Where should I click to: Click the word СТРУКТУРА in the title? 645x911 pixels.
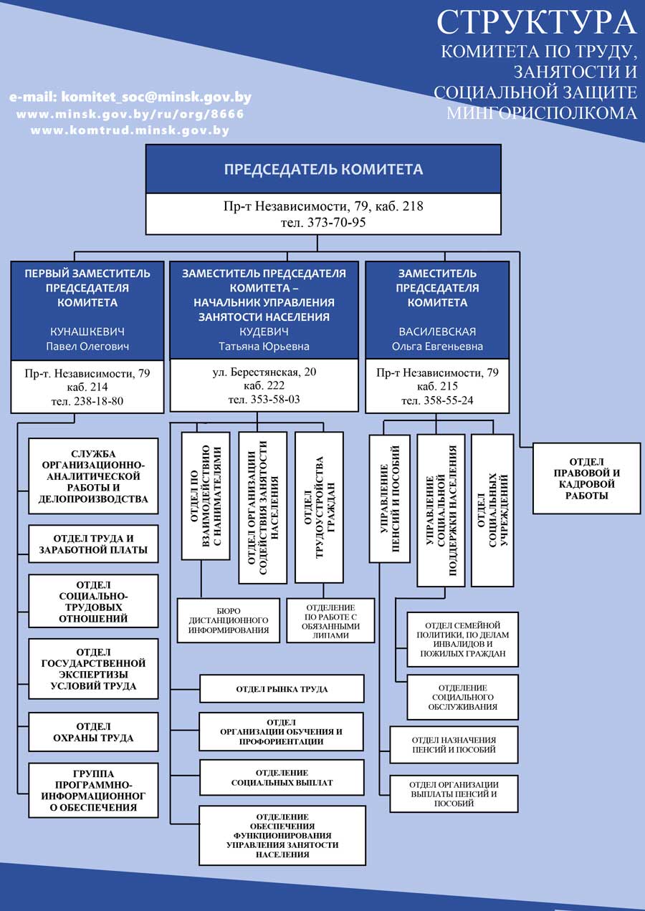point(536,23)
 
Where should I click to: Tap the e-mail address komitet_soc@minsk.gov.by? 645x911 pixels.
point(156,97)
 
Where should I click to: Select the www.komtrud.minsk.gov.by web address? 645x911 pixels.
point(130,130)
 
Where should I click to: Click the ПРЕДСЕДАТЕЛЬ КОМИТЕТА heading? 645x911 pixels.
point(323,169)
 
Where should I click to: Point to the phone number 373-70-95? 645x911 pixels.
point(337,223)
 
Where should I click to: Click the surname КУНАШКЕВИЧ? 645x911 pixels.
point(87,332)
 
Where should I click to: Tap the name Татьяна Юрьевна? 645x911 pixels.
point(264,346)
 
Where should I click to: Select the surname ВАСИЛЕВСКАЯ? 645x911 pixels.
point(437,332)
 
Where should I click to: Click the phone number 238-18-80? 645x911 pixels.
point(98,401)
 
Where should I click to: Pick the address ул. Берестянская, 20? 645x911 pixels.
point(264,372)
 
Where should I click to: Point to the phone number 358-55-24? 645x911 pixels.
point(449,400)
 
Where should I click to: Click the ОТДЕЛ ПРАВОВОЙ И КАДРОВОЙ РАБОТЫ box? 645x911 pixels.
point(586,478)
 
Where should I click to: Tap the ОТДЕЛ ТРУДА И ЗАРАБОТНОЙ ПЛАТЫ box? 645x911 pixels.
point(93,544)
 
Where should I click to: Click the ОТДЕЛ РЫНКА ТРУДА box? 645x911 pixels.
point(282,689)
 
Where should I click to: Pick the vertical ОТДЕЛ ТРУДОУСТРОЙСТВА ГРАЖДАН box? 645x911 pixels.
point(319,507)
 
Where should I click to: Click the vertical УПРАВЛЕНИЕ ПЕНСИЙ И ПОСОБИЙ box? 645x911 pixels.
point(389,498)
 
